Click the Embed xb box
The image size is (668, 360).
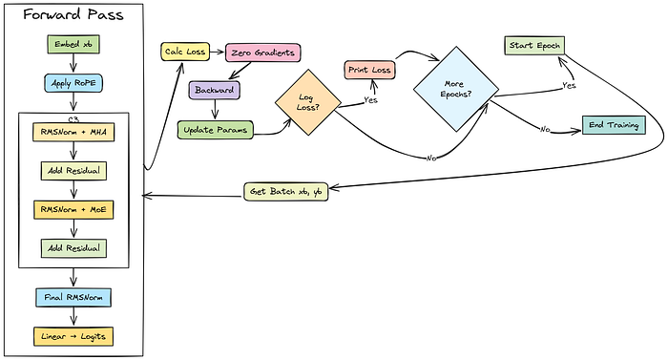tap(73, 44)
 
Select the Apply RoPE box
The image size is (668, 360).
tap(73, 83)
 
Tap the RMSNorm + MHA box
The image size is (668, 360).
tap(73, 132)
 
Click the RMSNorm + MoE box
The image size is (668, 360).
tap(73, 210)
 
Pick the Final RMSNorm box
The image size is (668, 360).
tap(73, 297)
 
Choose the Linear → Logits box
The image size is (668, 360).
tap(73, 336)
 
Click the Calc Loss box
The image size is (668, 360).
tap(185, 52)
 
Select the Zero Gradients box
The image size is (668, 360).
tap(262, 53)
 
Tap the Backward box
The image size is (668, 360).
tap(215, 90)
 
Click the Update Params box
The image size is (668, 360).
tap(215, 130)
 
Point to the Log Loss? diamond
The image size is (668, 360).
tap(308, 102)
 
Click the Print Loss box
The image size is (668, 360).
tap(369, 70)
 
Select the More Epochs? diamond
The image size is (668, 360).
tap(456, 89)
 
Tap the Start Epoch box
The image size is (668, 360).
tap(534, 46)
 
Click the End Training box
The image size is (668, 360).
tap(614, 125)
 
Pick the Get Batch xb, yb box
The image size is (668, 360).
tap(286, 192)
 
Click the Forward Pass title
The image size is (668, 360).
tap(73, 14)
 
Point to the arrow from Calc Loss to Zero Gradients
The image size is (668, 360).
tap(218, 52)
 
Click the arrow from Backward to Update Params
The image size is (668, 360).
tap(215, 110)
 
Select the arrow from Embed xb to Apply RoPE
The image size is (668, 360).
tap(73, 64)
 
